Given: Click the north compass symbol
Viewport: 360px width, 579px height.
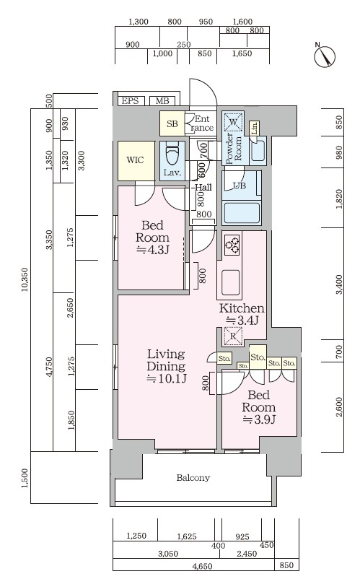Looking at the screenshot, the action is click(x=325, y=56).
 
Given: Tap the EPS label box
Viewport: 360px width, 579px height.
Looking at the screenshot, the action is click(x=130, y=101).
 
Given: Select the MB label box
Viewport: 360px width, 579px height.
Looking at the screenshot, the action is click(x=162, y=101).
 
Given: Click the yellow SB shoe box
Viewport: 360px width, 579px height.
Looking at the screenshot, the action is click(x=172, y=123).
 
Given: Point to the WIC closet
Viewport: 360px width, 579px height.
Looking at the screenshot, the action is click(x=136, y=160).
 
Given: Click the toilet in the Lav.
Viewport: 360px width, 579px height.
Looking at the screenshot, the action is click(x=172, y=154).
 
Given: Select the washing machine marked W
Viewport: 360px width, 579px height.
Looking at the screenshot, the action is click(x=234, y=121).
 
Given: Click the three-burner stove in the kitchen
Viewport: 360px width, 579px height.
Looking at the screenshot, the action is click(x=232, y=244).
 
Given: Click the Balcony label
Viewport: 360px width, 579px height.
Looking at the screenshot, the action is click(x=193, y=478).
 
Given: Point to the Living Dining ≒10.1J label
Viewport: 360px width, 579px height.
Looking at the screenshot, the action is click(x=166, y=366).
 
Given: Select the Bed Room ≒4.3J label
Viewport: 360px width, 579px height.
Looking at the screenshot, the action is click(x=153, y=238).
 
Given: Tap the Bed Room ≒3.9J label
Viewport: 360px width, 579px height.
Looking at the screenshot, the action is click(x=259, y=407).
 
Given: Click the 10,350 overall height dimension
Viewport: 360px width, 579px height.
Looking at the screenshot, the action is click(x=25, y=279).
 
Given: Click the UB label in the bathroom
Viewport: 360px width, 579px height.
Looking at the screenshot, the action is click(x=239, y=186).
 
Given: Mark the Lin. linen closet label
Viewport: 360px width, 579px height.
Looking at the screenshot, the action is click(x=254, y=129).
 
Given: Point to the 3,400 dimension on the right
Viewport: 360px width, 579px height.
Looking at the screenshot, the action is click(x=339, y=284).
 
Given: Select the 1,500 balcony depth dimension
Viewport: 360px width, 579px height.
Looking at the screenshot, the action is click(x=25, y=478).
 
